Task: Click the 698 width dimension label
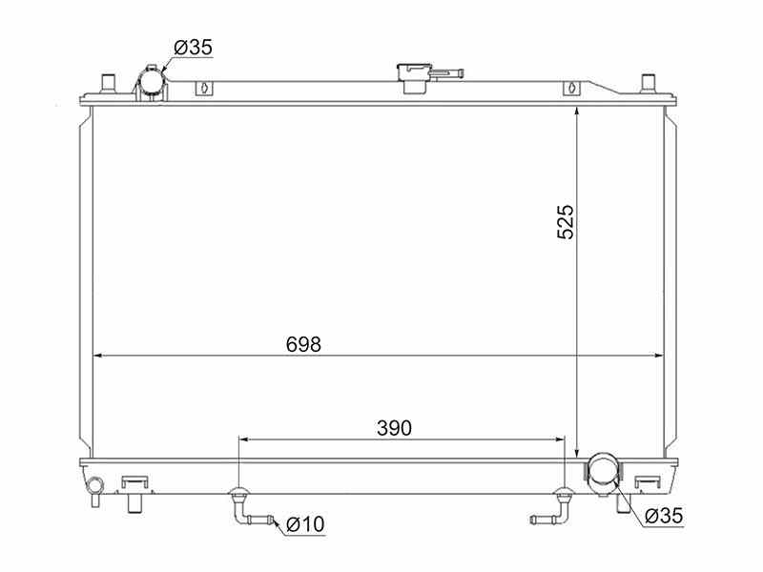pos(303,344)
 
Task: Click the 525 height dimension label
pos(566,222)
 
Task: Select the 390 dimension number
pos(394,428)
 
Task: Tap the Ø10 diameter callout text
pos(305,524)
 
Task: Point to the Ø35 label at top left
pos(194,47)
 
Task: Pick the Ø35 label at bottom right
pos(664,516)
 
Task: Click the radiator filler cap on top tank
pos(414,78)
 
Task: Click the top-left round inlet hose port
pos(151,83)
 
